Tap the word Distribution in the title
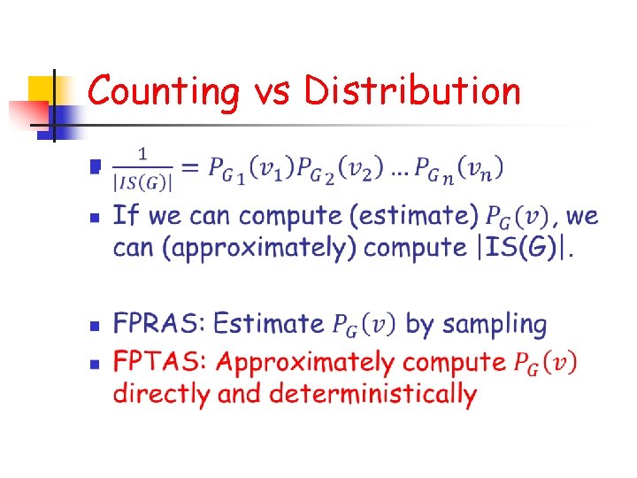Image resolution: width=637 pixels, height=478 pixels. [412, 92]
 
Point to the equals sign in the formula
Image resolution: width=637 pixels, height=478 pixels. [190, 167]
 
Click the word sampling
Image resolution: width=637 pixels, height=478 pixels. [495, 325]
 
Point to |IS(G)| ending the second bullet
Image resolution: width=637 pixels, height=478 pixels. [526, 248]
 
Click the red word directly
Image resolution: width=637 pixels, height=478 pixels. [161, 393]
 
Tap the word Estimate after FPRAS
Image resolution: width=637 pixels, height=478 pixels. [269, 324]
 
